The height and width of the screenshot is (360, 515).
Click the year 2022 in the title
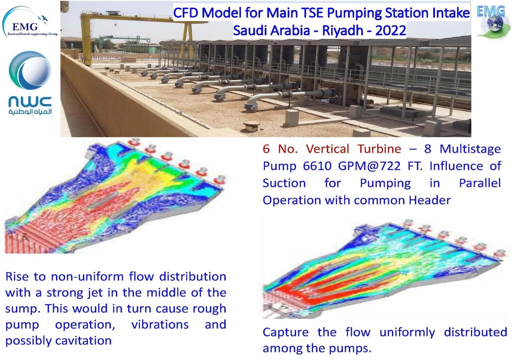tap(391, 30)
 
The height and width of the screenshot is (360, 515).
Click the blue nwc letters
tap(30, 102)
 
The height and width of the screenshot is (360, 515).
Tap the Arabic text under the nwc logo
tap(30, 112)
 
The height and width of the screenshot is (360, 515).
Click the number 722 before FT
tap(389, 166)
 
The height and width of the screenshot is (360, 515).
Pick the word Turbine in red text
tap(379, 149)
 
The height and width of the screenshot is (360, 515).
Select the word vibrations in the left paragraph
tap(160, 324)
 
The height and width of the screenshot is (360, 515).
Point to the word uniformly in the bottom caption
tap(407, 332)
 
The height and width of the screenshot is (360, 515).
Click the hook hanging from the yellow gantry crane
tap(116, 23)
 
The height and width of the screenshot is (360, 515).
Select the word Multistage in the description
tap(470, 149)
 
